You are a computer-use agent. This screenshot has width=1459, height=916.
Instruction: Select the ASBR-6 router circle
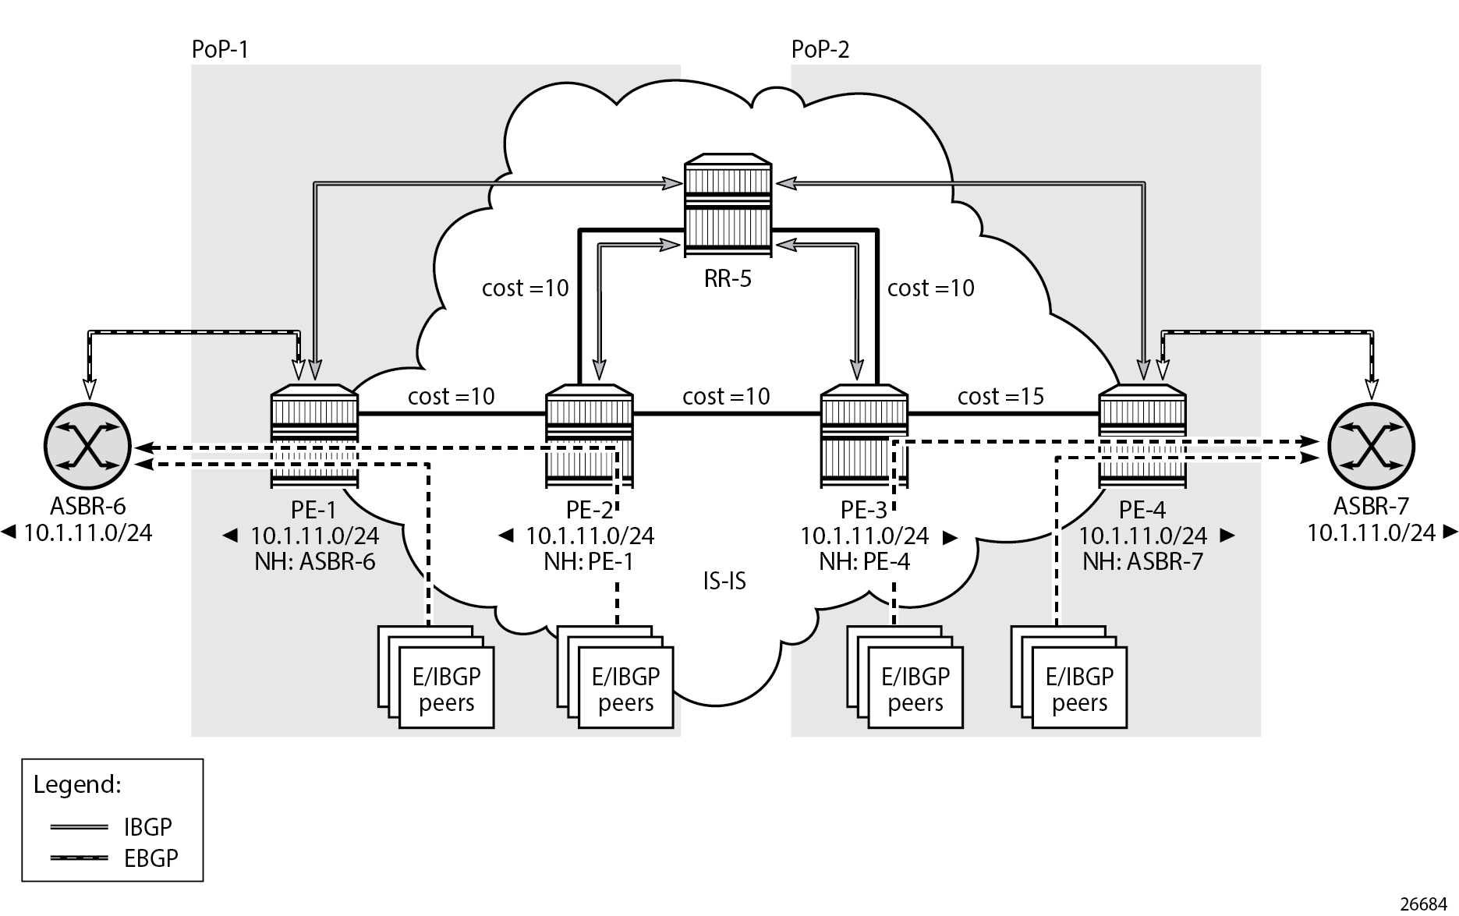point(87,447)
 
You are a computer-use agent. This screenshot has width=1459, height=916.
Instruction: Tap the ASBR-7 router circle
point(1370,447)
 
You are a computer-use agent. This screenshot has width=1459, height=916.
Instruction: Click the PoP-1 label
point(220,50)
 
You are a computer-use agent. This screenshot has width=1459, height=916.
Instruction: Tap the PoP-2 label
point(820,50)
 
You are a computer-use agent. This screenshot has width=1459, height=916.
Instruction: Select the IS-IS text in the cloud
point(724,581)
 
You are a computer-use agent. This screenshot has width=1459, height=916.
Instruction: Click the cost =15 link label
point(1000,397)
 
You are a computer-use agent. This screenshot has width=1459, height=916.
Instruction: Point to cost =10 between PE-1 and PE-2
point(451,397)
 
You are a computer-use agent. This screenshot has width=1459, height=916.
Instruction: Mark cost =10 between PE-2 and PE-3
point(726,397)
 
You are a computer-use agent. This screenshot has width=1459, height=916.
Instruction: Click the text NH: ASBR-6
point(314,561)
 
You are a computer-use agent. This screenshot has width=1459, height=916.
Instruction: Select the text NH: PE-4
point(864,561)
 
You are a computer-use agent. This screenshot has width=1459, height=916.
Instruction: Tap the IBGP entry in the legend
point(147,826)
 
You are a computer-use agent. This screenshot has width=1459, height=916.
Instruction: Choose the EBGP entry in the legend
point(151,858)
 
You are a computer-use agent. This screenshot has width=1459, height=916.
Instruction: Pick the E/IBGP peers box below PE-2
point(625,689)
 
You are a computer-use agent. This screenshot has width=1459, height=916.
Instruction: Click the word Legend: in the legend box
point(77,784)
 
